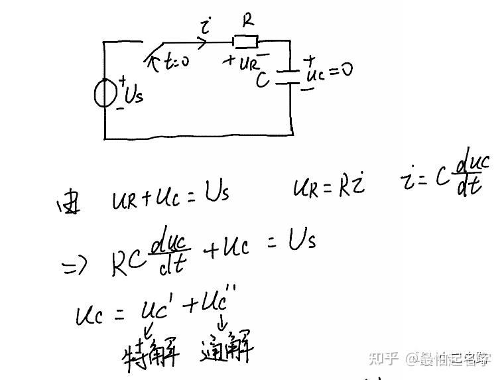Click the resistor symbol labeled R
click(x=246, y=42)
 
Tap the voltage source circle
click(x=105, y=93)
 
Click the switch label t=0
click(x=174, y=62)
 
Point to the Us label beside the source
click(x=133, y=95)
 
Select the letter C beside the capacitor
click(x=264, y=80)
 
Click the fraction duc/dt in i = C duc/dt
click(x=472, y=175)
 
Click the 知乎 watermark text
click(x=383, y=359)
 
